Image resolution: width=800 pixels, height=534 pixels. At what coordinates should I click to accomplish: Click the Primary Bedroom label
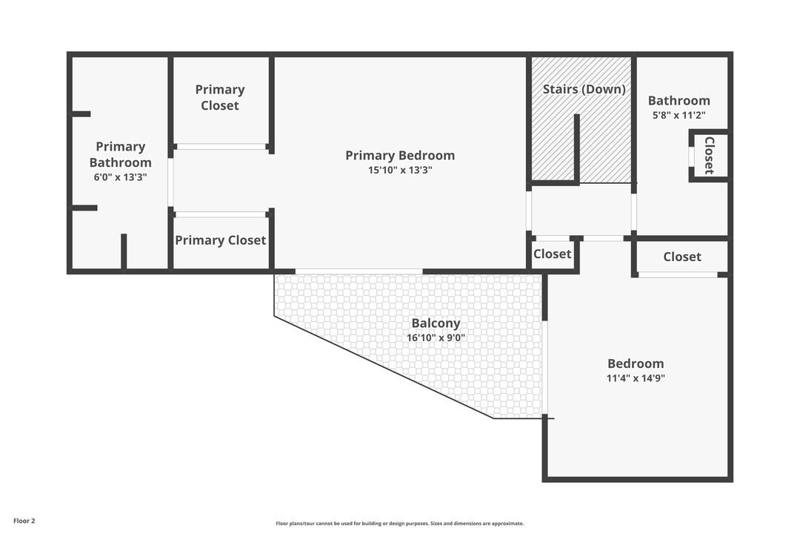[x=399, y=155]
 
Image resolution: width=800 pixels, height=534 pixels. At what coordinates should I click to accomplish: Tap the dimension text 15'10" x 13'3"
[x=399, y=170]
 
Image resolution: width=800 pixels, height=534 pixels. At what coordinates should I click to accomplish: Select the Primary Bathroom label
[x=120, y=154]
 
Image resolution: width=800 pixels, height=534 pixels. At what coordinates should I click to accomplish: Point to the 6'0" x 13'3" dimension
[x=120, y=177]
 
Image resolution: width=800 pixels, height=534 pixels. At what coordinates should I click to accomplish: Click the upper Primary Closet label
[x=220, y=97]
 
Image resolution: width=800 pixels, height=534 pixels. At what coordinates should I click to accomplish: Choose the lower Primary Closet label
[x=220, y=240]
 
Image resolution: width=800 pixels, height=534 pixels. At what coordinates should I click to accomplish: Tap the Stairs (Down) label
[x=584, y=89]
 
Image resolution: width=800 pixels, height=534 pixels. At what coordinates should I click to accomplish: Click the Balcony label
[x=436, y=323]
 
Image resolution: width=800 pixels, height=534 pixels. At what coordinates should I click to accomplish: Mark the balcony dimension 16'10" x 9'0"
[x=436, y=338]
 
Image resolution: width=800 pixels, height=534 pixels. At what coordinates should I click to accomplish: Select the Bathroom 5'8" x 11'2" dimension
[x=679, y=115]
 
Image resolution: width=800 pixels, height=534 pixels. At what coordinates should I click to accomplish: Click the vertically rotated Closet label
[x=709, y=156]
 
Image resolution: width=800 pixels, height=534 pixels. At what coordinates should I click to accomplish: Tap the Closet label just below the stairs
[x=553, y=254]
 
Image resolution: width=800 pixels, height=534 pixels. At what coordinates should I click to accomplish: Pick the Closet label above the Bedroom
[x=681, y=257]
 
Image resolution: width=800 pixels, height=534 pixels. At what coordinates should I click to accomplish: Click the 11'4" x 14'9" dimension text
[x=636, y=378]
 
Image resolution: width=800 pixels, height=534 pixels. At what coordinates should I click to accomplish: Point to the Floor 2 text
[x=24, y=521]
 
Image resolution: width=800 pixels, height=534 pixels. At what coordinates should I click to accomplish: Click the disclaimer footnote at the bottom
[x=399, y=524]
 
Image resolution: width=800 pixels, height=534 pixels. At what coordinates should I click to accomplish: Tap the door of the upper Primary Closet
[x=221, y=147]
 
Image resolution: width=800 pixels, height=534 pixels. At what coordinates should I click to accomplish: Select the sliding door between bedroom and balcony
[x=359, y=271]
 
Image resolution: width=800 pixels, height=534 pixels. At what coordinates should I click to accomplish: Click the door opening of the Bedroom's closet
[x=678, y=275]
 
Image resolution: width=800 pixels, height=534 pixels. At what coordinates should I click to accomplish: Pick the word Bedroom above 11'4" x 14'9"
[x=636, y=363]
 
